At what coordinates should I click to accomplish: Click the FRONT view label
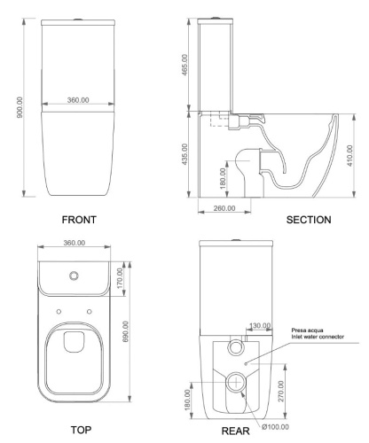79,219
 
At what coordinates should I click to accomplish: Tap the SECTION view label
309,219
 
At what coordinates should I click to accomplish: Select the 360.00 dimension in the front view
79,100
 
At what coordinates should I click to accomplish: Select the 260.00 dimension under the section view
225,208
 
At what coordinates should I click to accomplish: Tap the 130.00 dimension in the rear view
261,325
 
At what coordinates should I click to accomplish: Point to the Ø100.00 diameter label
279,427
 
